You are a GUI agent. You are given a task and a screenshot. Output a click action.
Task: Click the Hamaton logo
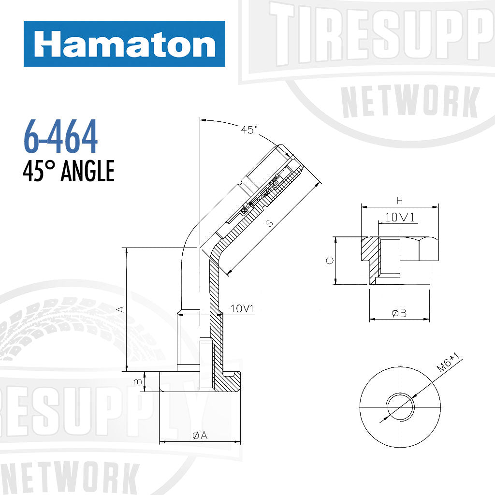(x=124, y=44)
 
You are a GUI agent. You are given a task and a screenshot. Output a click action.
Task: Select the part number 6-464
(x=60, y=137)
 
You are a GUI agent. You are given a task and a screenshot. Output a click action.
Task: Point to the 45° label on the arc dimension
(x=249, y=130)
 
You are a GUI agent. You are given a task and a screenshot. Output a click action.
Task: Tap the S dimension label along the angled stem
(x=270, y=223)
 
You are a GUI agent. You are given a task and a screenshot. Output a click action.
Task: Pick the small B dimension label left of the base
(x=138, y=381)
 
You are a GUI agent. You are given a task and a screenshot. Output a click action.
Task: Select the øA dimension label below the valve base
(x=200, y=436)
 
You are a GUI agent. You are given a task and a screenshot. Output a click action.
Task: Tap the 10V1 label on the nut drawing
(x=401, y=218)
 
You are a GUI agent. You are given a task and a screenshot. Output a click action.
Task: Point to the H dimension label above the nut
(x=399, y=200)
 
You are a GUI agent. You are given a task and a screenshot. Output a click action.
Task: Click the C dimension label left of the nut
(x=330, y=261)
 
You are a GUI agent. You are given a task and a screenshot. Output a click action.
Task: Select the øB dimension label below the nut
(x=399, y=313)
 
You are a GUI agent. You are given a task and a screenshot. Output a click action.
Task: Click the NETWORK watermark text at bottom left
(x=68, y=479)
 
